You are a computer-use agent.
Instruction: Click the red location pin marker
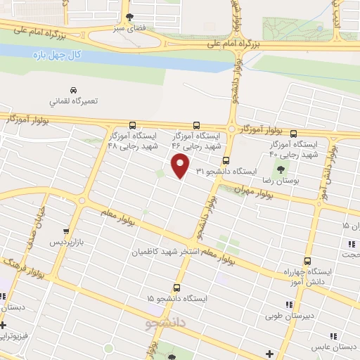[x=181, y=167]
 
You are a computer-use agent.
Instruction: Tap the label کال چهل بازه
[x=50, y=54]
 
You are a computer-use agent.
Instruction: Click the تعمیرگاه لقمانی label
[x=73, y=101]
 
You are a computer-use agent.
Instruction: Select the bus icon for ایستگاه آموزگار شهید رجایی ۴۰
[x=293, y=134]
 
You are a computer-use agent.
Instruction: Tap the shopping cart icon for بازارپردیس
[x=66, y=230]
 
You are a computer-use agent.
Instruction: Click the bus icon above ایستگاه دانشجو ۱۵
[x=176, y=287]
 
